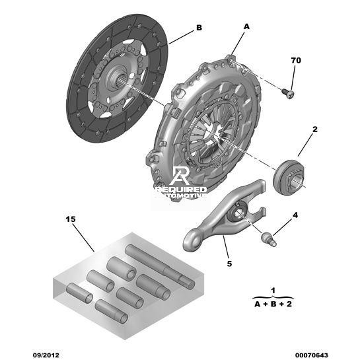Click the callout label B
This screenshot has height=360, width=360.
coord(199,28)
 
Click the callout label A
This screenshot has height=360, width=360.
coord(246,27)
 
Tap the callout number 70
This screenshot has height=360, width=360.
coord(296,60)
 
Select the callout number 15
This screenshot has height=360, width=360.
coord(71,219)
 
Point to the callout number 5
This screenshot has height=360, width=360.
coord(229,264)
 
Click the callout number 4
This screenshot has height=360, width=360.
coord(295,215)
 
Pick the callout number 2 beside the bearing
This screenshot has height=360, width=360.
coord(315,129)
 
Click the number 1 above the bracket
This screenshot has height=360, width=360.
coord(273,291)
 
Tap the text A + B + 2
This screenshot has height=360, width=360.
coord(273,305)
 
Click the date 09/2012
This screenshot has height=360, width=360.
coord(46,355)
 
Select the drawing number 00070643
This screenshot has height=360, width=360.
coord(312,355)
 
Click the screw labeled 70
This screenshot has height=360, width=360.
coord(289,94)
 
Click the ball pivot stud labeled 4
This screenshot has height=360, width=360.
coord(269,239)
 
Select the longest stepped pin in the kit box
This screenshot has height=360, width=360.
coord(160,266)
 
